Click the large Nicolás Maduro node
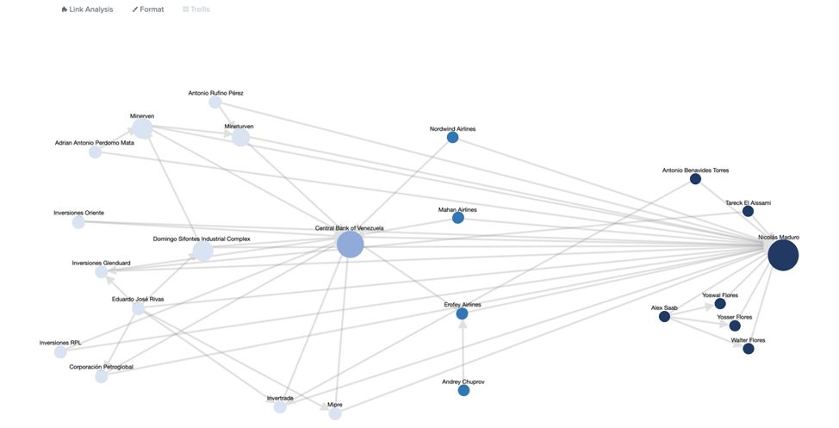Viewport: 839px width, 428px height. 783,255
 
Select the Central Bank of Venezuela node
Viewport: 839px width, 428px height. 350,244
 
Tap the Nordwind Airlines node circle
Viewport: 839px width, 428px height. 452,137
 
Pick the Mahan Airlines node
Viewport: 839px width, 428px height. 457,218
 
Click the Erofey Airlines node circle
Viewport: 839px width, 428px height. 462,313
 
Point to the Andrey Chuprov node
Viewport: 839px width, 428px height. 463,390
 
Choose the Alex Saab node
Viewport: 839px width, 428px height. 664,317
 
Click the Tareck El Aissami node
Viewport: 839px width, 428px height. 748,211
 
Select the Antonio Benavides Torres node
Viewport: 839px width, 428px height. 695,179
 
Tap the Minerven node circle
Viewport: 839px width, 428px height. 142,128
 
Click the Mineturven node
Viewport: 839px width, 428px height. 240,138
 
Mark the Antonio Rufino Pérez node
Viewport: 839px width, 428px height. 214,102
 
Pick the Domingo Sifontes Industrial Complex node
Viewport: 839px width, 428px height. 202,251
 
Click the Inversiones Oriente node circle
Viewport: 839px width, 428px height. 78,222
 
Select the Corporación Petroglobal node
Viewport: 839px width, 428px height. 102,376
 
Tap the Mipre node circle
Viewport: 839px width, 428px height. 335,413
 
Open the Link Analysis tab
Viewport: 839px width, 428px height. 87,9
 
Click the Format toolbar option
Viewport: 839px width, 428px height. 148,9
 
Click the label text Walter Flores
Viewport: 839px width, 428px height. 748,340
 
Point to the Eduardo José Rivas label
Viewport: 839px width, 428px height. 138,299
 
